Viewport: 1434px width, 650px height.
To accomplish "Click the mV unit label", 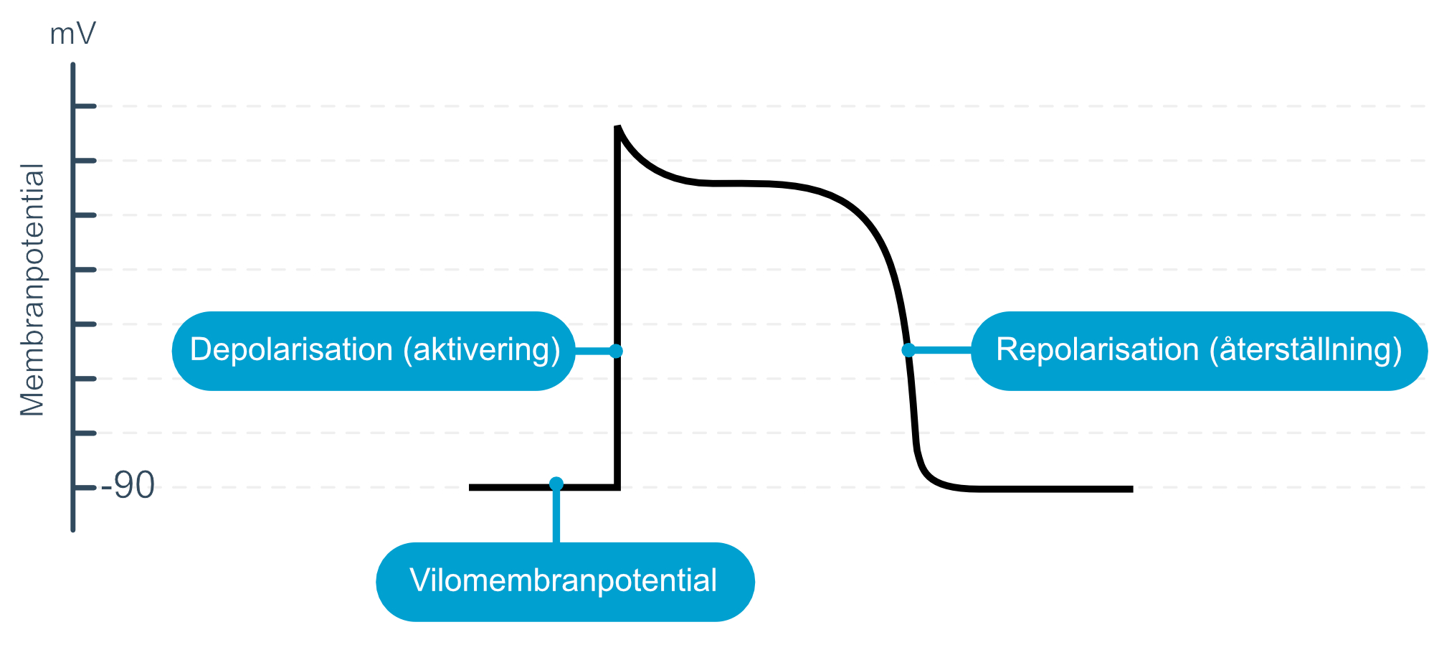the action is coord(72,34).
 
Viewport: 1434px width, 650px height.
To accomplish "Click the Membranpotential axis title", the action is coord(32,290).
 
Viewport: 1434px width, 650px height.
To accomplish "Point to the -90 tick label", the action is coord(128,486).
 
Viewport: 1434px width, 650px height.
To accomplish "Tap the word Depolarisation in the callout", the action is coord(291,350).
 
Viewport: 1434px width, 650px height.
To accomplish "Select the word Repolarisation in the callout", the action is coord(1097,350).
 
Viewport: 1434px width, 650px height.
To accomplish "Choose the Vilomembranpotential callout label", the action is coord(564,580).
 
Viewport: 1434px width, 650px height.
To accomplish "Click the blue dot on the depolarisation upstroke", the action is coord(616,351).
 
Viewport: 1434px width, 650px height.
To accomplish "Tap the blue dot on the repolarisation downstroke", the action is coord(908,350).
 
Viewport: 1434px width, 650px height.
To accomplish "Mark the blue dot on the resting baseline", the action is coord(556,484).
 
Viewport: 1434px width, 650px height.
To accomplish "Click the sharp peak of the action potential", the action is coord(617,126).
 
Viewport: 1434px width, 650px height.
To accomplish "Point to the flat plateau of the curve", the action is coord(739,184).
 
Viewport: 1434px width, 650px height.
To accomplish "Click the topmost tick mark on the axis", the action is coord(85,106).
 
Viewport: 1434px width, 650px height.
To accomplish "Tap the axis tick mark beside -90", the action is coord(85,488).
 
